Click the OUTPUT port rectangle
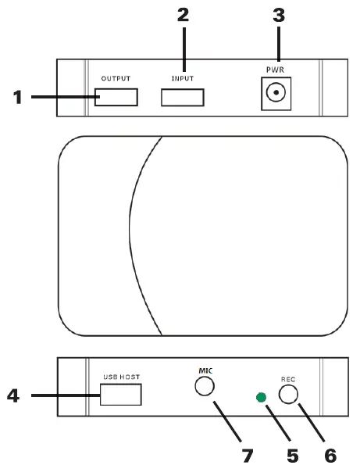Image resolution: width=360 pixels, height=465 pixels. [x=117, y=97]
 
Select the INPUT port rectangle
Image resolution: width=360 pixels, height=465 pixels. [x=182, y=97]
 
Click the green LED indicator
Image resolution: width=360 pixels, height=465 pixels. [x=262, y=399]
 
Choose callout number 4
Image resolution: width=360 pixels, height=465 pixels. [x=13, y=395]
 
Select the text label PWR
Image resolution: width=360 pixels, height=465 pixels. [x=275, y=70]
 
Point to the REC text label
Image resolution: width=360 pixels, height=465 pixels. [x=288, y=377]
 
